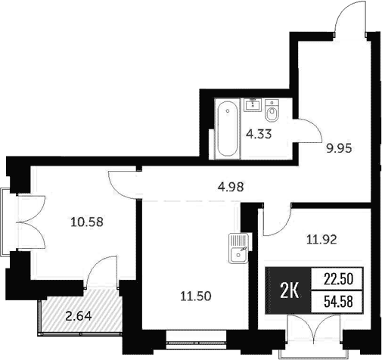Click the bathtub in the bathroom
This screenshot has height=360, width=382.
click(x=226, y=129)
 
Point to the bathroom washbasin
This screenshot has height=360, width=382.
click(x=253, y=104)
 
